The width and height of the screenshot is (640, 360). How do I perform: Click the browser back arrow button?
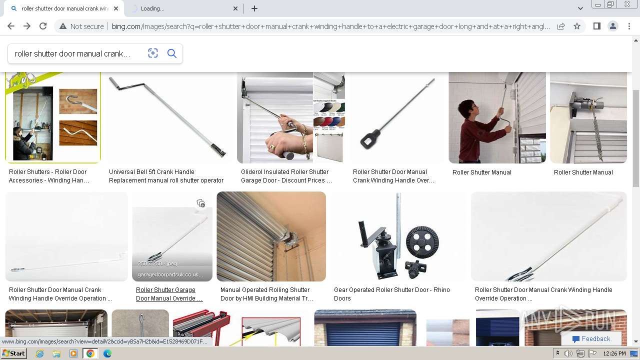pos(11,26)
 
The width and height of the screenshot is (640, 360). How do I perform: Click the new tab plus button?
pos(254,8)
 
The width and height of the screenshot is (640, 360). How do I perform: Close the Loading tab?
pos(236,8)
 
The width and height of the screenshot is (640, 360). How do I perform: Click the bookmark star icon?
pos(577,26)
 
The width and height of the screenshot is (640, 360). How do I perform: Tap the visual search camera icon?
pos(153,53)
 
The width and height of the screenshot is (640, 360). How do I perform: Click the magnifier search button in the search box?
pos(172,53)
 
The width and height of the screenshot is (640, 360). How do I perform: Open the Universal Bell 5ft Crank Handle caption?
pos(166,176)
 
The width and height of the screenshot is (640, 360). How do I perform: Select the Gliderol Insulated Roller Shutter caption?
pos(286,176)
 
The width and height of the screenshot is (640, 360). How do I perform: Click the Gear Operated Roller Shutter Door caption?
pos(392,294)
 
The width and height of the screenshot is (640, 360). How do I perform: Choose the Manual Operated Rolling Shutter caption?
pos(266,294)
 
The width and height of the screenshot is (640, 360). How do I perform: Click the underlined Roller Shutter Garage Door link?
pos(169,294)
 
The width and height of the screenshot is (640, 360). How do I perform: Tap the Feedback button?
pos(591,339)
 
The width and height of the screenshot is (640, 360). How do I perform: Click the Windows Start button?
pos(13,353)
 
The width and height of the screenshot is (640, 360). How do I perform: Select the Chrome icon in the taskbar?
pos(90,353)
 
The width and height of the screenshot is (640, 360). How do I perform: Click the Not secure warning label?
pos(81,26)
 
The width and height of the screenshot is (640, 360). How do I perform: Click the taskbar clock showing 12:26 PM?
pos(614,353)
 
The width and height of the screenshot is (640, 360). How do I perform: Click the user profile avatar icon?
pos(613,26)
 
